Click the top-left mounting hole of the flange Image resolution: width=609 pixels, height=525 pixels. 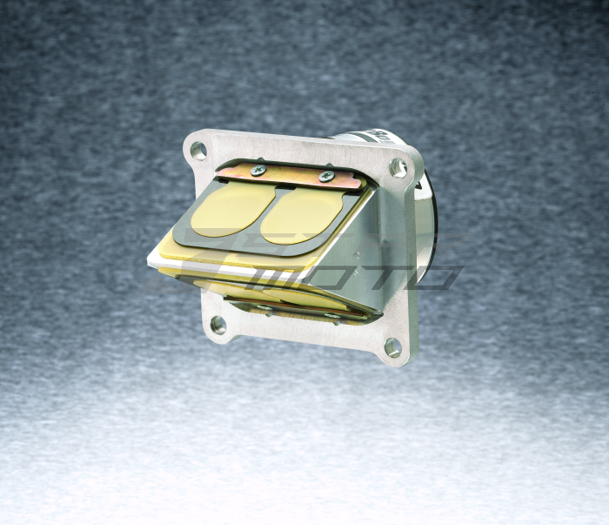(199, 150)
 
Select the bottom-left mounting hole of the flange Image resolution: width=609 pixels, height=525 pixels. (217, 326)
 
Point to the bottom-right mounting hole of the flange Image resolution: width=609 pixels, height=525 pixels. (392, 347)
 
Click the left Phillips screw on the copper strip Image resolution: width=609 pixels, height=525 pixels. (258, 170)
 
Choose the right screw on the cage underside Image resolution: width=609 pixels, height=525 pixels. (330, 316)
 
